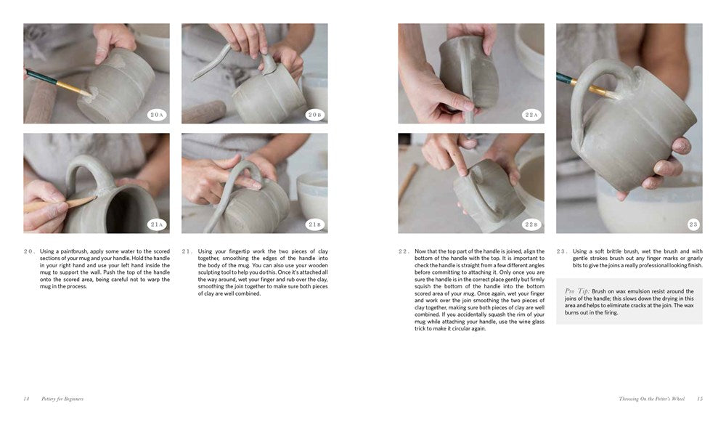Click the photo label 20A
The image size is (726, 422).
coord(156,114)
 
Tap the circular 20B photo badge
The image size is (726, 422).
coord(314,114)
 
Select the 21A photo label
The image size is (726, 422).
coord(156,224)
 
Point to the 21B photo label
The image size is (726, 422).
coord(314,224)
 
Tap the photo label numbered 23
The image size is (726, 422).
coord(693,224)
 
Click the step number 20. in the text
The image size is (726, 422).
coord(29,251)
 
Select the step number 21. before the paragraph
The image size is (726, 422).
coord(187,251)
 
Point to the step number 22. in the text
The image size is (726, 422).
coord(404,251)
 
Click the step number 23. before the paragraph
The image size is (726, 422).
coord(562,251)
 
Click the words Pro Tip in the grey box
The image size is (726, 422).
coord(578,291)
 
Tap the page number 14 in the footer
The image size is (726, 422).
coord(26,399)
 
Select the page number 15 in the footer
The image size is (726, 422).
coord(700,399)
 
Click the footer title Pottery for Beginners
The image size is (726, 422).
coord(61,399)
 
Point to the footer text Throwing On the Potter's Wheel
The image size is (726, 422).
coord(654,399)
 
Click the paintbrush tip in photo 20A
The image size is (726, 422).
coord(86,93)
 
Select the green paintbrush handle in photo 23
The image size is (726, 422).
coord(565,78)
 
